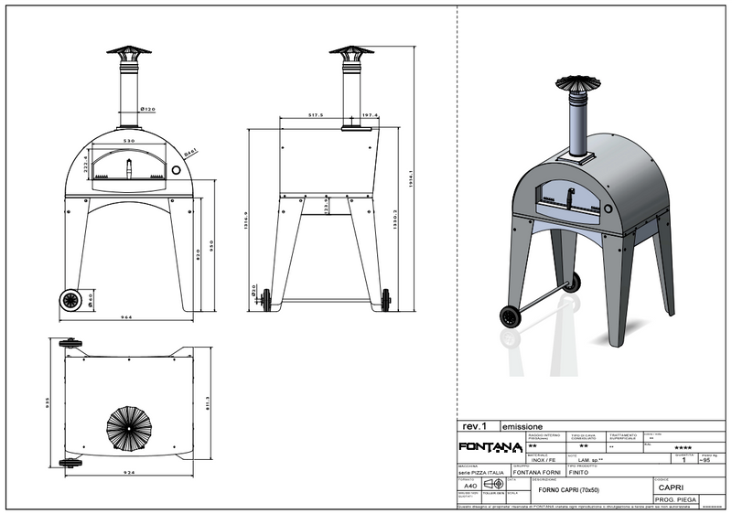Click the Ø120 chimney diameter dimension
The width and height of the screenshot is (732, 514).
[147, 110]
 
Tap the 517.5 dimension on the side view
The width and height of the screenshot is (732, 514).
[317, 115]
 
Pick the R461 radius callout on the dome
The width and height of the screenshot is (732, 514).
[191, 153]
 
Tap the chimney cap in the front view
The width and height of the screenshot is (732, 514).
[128, 53]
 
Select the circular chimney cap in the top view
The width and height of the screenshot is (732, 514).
[128, 426]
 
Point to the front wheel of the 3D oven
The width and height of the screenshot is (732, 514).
[510, 317]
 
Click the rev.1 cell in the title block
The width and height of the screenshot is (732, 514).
[476, 426]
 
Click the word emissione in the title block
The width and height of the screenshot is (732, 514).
[522, 426]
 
